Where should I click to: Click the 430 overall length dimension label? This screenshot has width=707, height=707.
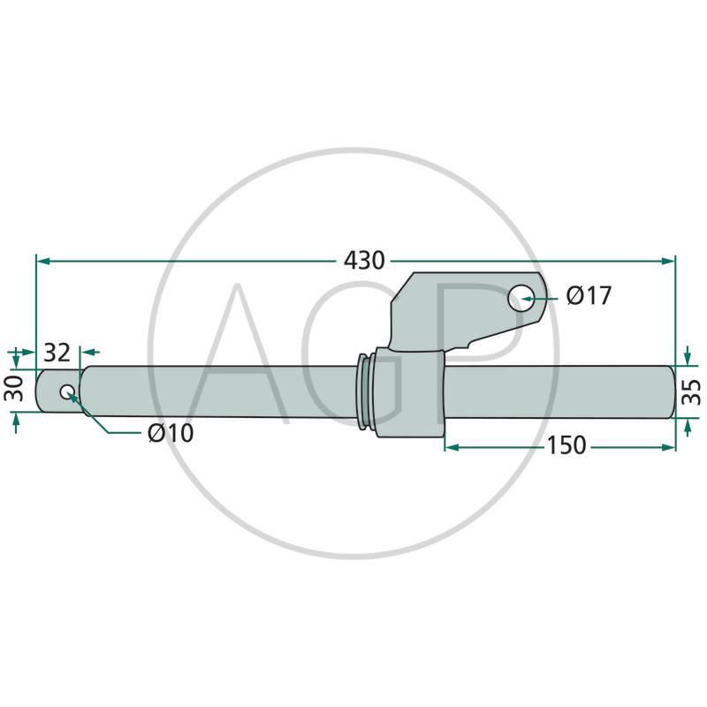click(364, 261)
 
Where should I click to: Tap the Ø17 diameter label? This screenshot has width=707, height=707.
click(589, 296)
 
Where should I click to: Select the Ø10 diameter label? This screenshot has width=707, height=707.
click(171, 433)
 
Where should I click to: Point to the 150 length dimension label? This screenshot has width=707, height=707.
click(566, 445)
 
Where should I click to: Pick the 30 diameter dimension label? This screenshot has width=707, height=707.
click(14, 388)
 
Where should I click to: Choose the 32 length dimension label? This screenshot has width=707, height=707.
click(57, 353)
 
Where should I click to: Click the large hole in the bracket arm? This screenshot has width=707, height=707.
click(521, 298)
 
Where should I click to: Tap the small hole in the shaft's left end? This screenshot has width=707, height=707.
click(68, 392)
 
